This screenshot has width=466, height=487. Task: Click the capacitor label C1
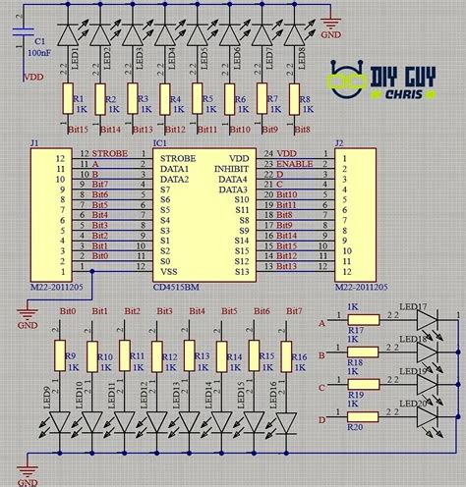pos(40,41)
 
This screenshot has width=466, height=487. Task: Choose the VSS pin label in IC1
pos(171,270)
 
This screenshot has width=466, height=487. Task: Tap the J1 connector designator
pos(34,143)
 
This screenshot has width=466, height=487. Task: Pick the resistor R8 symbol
pos(294,99)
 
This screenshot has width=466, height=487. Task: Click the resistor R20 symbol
pos(356,415)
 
